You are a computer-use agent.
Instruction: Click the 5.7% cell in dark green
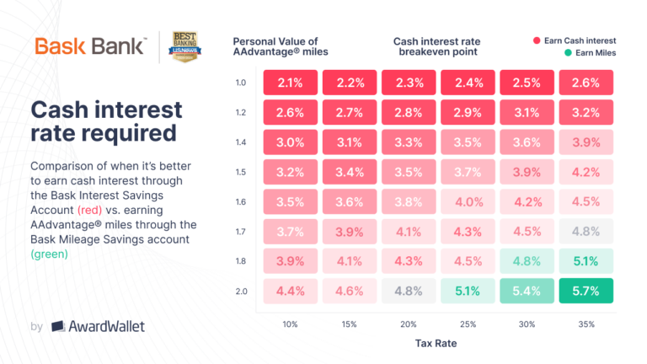[584, 291]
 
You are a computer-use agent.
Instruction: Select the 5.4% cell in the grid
[525, 291]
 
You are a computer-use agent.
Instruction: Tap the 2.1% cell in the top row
[289, 82]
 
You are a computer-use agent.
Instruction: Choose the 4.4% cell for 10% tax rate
[289, 291]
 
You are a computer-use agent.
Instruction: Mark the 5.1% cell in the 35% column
[584, 260]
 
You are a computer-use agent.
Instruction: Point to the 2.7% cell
[348, 111]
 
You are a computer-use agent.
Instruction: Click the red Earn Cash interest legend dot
[537, 40]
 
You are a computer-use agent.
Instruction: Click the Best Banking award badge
[185, 48]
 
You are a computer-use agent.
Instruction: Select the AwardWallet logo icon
[59, 325]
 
